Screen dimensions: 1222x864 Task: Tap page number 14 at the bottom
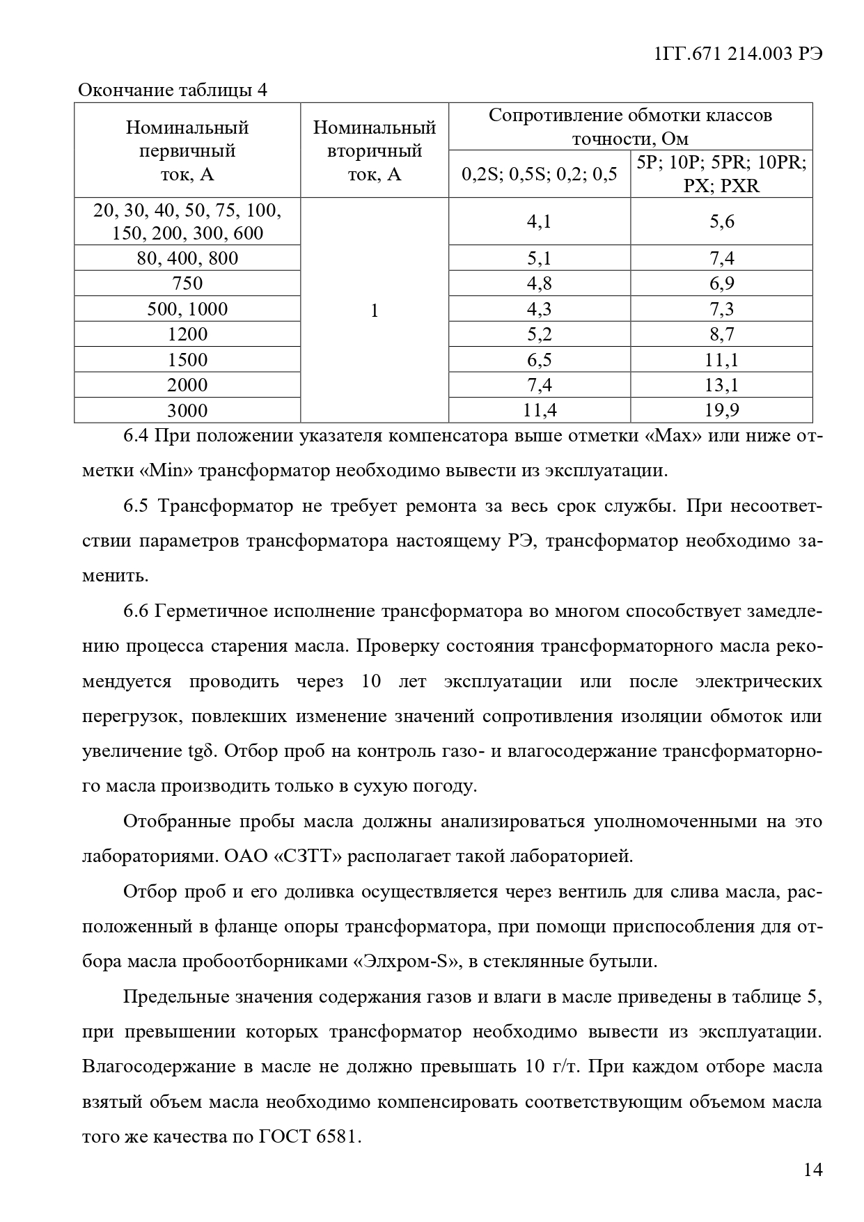[812, 1169]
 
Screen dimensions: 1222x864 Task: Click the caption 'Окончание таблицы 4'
[172, 91]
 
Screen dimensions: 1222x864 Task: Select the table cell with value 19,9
[721, 410]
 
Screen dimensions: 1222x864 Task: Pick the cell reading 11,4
[540, 410]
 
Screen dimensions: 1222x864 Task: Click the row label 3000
[187, 410]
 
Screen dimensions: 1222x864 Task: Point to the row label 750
[187, 283]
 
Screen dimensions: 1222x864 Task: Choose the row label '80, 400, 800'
[187, 258]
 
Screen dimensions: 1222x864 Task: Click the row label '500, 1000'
[187, 309]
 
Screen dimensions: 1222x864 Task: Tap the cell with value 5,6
[721, 221]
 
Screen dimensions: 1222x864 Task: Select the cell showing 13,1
[721, 385]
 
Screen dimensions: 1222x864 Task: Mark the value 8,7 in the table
[721, 334]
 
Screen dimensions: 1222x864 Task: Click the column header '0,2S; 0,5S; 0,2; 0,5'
[540, 174]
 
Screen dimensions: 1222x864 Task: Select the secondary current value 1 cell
[375, 311]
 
